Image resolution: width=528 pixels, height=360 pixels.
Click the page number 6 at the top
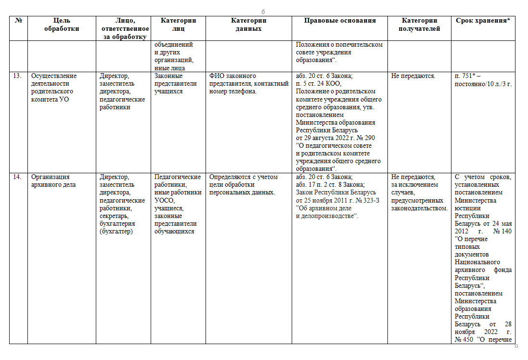[x=263, y=12]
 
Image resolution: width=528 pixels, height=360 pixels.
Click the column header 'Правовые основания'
[x=340, y=21]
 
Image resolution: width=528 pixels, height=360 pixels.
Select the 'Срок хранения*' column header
[x=483, y=21]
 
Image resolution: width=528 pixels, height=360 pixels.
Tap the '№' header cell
[x=18, y=21]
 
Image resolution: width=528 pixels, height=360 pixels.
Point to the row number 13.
[x=17, y=76]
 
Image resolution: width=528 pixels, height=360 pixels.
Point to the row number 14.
[x=17, y=177]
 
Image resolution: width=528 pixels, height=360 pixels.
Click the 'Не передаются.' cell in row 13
[x=413, y=76]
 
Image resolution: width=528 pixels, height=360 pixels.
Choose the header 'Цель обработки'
[x=62, y=25]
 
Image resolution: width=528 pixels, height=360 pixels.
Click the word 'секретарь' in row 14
[x=114, y=216]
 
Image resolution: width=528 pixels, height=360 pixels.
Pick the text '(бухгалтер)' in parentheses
[x=116, y=231]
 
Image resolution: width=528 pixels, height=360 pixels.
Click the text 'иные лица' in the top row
[x=168, y=68]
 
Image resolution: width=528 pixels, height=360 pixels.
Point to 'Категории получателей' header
[x=420, y=25]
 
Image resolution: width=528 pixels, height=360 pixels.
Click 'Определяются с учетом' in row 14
[x=244, y=177]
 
